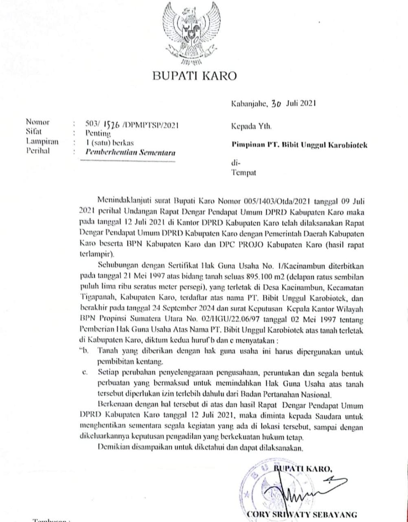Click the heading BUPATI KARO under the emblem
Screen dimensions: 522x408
click(194, 76)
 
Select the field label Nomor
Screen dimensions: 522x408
click(37, 122)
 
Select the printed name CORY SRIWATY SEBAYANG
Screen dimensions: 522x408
click(302, 513)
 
